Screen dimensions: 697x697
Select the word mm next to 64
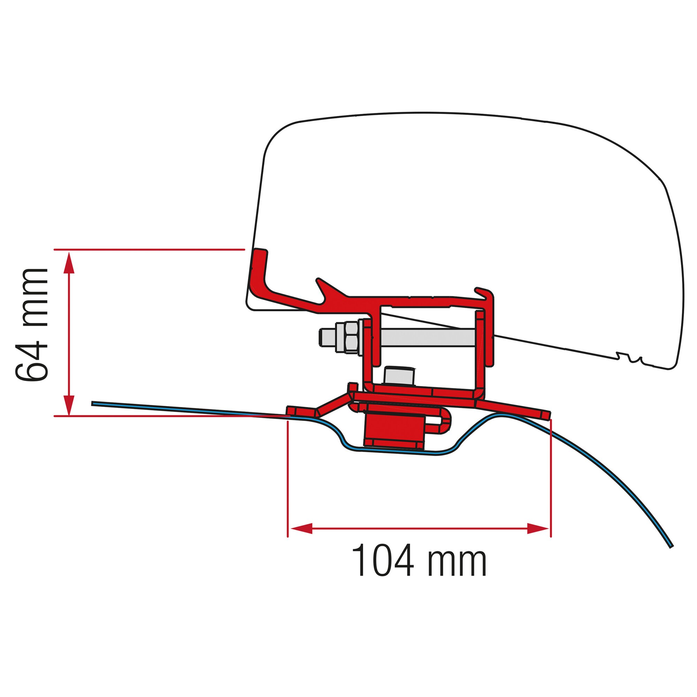coord(32,298)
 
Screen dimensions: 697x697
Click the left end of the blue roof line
coord(93,403)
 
